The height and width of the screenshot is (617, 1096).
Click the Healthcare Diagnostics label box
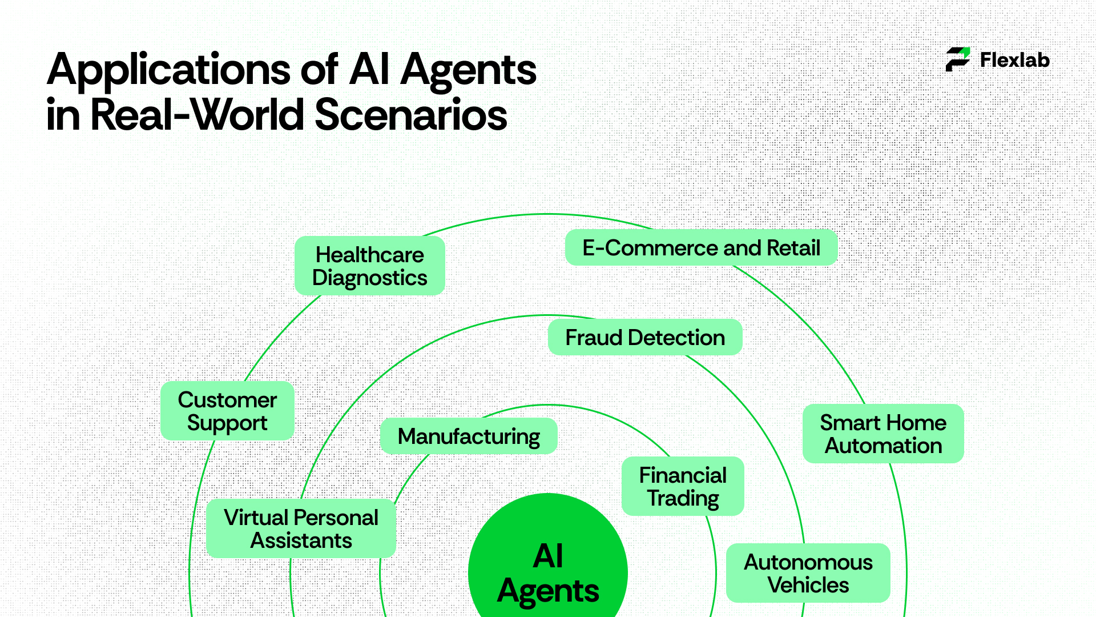coord(369,266)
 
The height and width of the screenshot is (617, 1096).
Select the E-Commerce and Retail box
coord(701,248)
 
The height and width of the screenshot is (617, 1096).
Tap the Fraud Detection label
coord(645,338)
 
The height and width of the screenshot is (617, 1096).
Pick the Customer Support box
coord(227,411)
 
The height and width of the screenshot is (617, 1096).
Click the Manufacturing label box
coord(469,436)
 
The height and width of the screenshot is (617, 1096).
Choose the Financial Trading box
coord(683,486)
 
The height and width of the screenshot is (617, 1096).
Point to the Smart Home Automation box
coord(883,434)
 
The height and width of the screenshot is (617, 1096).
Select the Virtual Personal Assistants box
coord(301,528)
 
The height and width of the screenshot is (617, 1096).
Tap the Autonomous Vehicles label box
coord(808,573)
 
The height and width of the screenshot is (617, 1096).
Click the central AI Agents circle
coord(548,566)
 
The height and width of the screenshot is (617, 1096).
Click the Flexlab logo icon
coord(958,59)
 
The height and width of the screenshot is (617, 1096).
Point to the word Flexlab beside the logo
coord(1015,60)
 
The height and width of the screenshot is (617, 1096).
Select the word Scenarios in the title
coord(411,115)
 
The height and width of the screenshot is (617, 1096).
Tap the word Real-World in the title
coord(198,115)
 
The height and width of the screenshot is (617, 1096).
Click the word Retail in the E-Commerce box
coord(793,248)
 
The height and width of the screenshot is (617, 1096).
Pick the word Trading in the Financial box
coord(683,499)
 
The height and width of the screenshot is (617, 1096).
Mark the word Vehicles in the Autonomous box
coord(808,585)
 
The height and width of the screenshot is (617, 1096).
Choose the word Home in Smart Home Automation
coord(917,423)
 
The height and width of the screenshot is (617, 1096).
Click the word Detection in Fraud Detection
coord(676,338)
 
